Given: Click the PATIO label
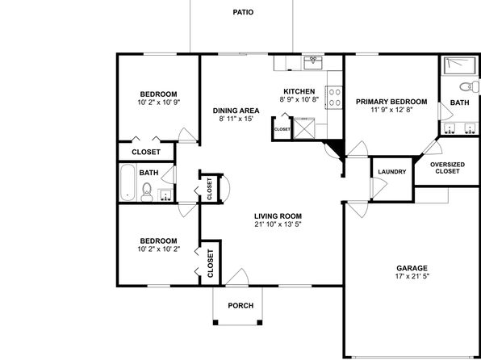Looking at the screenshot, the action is [243, 12].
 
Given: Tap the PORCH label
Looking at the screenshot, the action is [240, 306].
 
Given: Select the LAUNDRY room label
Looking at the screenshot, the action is [392, 172].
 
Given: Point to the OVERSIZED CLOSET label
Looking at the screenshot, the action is [447, 168].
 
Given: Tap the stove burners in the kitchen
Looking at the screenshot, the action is [334, 98].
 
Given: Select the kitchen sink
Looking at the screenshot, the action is [313, 62].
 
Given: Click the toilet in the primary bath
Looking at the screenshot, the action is [469, 86].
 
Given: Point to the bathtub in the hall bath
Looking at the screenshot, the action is [128, 182].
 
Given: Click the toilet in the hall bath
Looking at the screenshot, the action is [147, 192].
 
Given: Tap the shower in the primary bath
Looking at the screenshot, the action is [459, 65].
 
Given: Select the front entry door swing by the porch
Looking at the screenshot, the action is [237, 277].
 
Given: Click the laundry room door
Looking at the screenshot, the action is [379, 187].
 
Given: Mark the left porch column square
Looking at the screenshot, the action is [215, 322].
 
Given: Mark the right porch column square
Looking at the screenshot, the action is [260, 322].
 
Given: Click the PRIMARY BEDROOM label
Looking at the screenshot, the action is [391, 102].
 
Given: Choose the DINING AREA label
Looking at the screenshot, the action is [236, 111].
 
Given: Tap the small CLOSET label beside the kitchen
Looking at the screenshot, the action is [282, 129].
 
